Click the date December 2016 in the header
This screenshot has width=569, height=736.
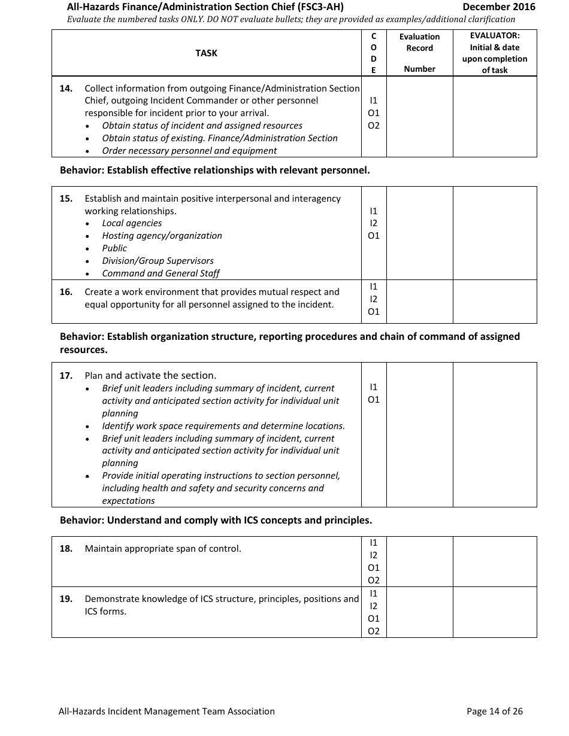(499, 7)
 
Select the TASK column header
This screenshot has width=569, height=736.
(206, 53)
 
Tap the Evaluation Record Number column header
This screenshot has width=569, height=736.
(419, 53)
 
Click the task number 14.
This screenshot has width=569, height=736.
(66, 89)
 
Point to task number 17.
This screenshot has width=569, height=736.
(66, 376)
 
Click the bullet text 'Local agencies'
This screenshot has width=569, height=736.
(132, 223)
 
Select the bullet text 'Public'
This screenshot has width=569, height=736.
(114, 248)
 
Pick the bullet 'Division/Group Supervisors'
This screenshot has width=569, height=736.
(158, 261)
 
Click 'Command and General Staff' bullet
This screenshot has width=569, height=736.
(161, 273)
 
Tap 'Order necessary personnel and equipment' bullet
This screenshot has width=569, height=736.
(189, 151)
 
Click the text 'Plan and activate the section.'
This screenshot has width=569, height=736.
(150, 376)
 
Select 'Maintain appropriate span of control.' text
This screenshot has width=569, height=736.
(163, 549)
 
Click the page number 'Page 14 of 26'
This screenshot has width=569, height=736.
(494, 711)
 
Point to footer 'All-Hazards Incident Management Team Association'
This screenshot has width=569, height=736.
(167, 711)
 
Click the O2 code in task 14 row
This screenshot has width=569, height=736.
(374, 126)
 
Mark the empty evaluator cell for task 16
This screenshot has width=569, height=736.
(495, 302)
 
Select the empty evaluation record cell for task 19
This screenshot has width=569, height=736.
(419, 612)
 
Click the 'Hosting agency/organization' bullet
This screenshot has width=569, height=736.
(162, 236)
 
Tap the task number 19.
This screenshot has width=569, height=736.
(66, 599)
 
